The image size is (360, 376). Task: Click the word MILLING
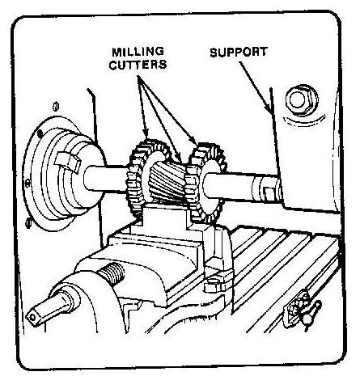click(x=138, y=52)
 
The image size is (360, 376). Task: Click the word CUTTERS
click(x=138, y=65)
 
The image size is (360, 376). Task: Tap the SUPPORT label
click(x=239, y=53)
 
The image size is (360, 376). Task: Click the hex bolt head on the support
click(x=302, y=99)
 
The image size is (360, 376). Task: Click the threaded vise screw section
click(x=112, y=273)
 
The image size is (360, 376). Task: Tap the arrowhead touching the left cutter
click(x=146, y=132)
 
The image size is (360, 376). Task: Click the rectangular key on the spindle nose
click(x=68, y=163)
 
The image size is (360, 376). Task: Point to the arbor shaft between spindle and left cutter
click(x=106, y=178)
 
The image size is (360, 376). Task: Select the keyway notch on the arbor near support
click(x=268, y=193)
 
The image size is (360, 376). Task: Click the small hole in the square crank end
click(x=32, y=317)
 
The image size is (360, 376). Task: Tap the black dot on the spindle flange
click(x=40, y=133)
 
